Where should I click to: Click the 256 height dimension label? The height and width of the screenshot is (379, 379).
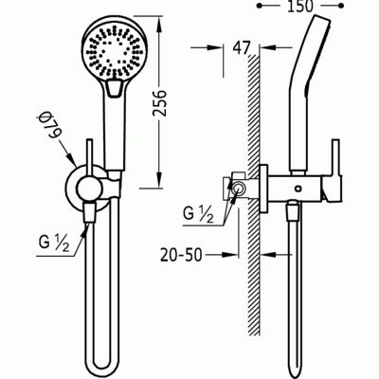tap(160, 103)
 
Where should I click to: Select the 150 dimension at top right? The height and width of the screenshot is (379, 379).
tap(299, 7)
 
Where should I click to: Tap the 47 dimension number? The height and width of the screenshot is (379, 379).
tap(242, 48)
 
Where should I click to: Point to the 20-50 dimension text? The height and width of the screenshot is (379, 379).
tap(181, 255)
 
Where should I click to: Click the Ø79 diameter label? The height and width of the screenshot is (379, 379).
tap(49, 126)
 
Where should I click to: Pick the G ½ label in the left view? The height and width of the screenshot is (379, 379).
tap(54, 244)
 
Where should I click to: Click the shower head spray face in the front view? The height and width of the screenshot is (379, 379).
tap(114, 53)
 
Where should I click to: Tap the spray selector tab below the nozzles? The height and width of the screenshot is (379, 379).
tap(114, 88)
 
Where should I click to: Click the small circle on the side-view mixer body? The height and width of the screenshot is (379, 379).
tap(298, 189)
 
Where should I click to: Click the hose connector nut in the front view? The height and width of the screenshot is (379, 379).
tap(89, 213)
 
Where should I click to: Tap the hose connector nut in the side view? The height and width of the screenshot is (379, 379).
tap(293, 212)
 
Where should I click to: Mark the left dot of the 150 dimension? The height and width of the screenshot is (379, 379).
tap(260, 6)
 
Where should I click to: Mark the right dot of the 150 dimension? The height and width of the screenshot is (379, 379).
tap(341, 6)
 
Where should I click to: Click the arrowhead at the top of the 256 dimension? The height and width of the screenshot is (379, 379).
tap(159, 24)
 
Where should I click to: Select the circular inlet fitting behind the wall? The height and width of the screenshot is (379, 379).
tap(238, 189)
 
